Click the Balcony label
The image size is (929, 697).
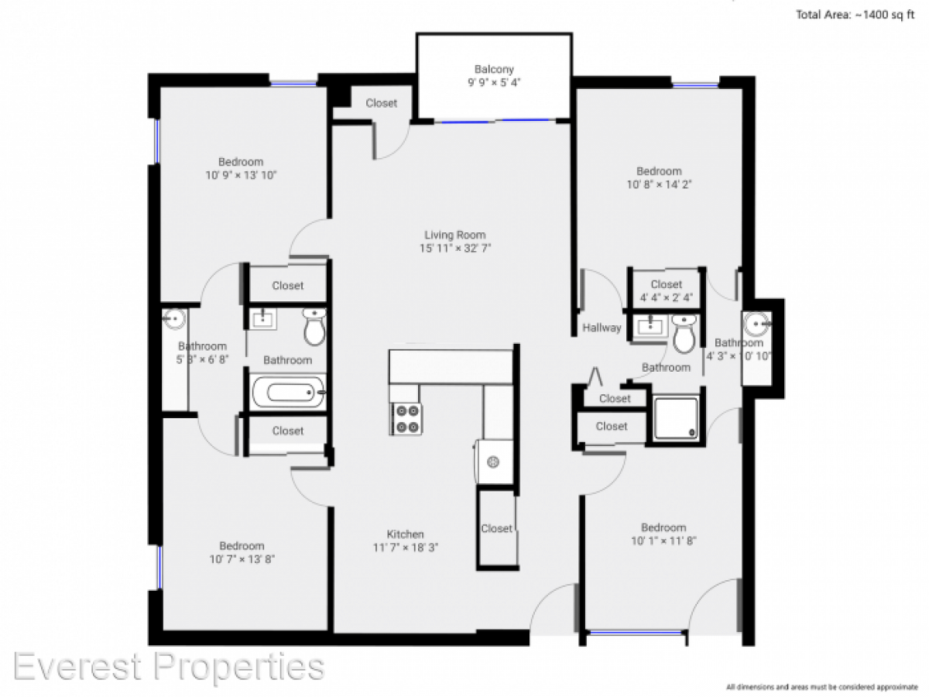494,70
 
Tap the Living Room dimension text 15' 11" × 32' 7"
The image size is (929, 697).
455,249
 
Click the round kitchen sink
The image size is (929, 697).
492,462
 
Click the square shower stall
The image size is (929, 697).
676,418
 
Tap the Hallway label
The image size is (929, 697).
602,328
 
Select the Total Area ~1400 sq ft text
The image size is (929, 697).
855,14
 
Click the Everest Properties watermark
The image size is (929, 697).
169,666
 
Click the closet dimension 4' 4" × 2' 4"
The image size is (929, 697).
666,297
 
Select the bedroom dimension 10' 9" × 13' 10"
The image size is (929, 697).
241,175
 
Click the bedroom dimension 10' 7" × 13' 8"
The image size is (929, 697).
242,558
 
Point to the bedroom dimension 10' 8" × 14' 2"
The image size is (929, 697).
659,184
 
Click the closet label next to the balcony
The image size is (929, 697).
381,103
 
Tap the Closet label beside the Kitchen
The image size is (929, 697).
496,528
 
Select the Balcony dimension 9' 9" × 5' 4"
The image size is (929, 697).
494,83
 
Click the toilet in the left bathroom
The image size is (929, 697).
314,328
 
